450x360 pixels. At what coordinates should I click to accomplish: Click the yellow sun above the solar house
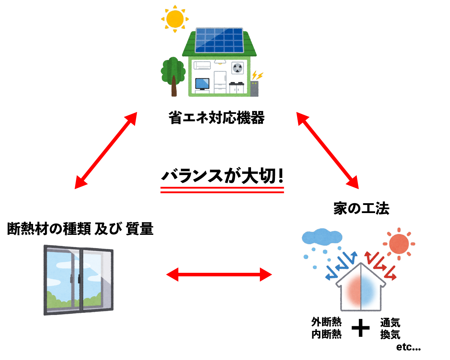click(175, 19)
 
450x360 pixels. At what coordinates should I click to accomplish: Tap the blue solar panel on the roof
click(219, 39)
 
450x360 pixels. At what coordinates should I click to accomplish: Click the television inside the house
click(202, 84)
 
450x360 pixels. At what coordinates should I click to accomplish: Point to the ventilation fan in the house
click(238, 68)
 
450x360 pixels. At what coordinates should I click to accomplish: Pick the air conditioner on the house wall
click(202, 65)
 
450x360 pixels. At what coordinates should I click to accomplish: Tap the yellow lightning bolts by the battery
click(258, 75)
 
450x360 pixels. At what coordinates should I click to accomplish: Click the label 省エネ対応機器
click(216, 118)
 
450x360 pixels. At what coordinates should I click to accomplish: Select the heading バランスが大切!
click(222, 176)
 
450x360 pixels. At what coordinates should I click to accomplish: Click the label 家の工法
click(361, 208)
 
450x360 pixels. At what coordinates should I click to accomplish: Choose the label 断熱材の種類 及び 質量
click(80, 229)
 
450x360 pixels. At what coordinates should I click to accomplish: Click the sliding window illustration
click(78, 280)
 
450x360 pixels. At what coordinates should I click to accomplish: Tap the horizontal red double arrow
click(219, 274)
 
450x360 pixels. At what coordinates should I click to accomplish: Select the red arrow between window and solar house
click(106, 150)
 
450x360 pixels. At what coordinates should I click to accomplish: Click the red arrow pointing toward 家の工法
click(328, 150)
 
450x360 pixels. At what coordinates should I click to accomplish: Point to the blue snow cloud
click(322, 237)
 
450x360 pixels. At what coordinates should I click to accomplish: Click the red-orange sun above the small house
click(399, 243)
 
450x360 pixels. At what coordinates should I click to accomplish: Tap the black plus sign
click(361, 328)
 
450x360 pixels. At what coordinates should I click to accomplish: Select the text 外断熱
click(326, 322)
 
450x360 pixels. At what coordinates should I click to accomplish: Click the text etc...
click(408, 347)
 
